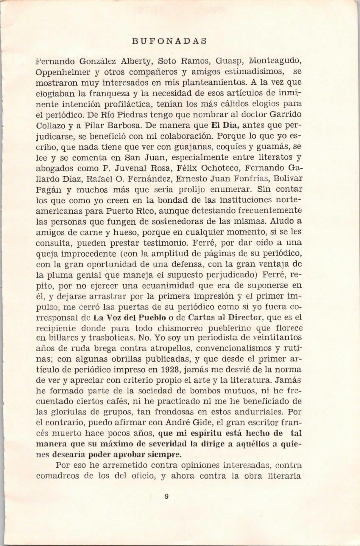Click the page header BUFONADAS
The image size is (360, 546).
pyautogui.click(x=169, y=41)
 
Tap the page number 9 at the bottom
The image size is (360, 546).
pyautogui.click(x=166, y=497)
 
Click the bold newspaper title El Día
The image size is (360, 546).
pyautogui.click(x=223, y=125)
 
